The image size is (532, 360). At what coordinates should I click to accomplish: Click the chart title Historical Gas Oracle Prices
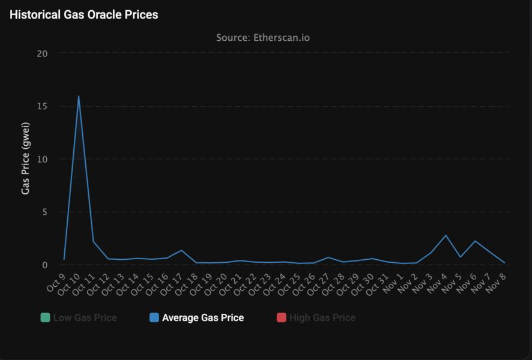click(x=84, y=15)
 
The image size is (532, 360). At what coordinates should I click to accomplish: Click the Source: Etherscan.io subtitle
click(x=263, y=38)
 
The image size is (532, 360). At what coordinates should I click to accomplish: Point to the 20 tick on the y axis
click(x=42, y=53)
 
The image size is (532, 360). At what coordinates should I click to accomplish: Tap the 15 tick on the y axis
click(x=42, y=106)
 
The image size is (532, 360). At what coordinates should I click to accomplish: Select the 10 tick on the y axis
click(x=42, y=159)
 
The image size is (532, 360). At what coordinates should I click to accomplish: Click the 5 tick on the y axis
click(x=44, y=212)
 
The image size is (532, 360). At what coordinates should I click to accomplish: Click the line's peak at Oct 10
click(x=79, y=96)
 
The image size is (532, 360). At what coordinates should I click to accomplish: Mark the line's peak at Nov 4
click(x=446, y=235)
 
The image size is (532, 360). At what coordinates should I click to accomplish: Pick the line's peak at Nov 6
click(x=475, y=241)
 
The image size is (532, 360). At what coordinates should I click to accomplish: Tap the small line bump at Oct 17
click(x=181, y=250)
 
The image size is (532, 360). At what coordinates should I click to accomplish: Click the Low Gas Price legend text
click(x=85, y=317)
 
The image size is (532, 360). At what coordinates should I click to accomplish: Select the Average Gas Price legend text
click(x=203, y=317)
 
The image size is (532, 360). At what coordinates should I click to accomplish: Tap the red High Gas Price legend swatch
click(x=281, y=317)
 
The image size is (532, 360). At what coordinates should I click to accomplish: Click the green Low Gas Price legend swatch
click(x=45, y=317)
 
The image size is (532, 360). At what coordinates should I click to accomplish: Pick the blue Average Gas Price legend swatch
click(x=154, y=317)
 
